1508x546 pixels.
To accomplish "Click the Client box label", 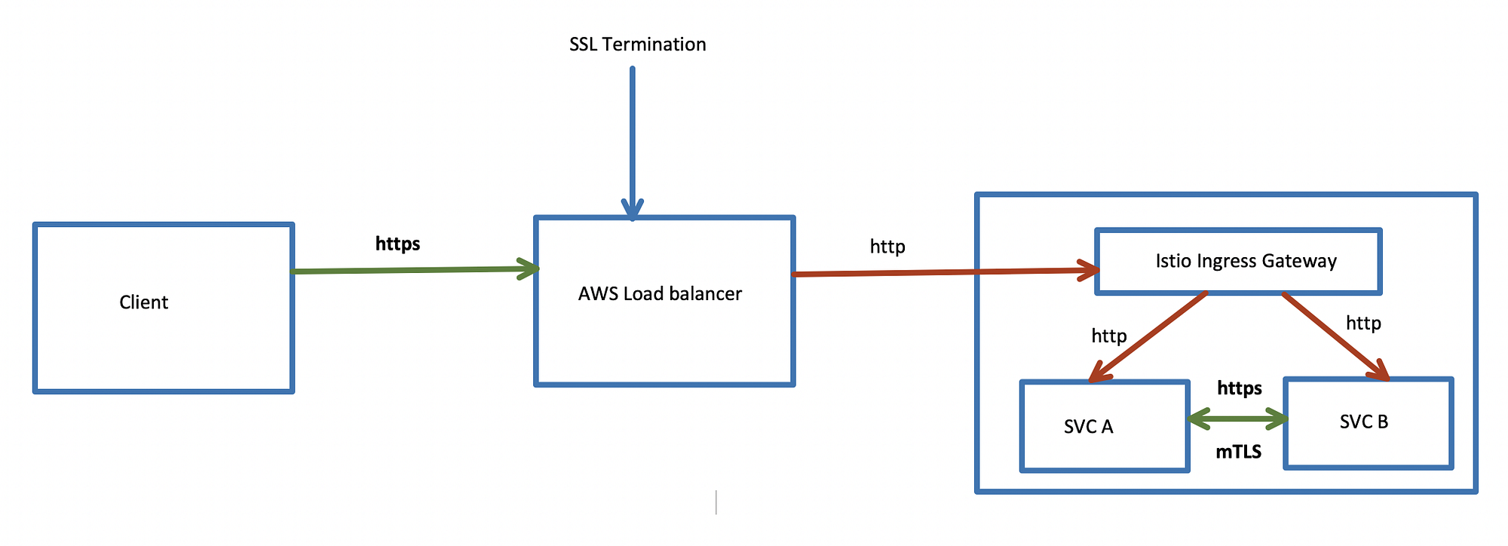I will (x=143, y=302).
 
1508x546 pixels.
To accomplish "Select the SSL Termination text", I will (x=637, y=44).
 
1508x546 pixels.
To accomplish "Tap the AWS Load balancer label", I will (x=660, y=293).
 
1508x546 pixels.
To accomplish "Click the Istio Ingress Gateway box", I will (x=1238, y=261).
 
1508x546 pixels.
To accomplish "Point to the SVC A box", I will (x=1104, y=427).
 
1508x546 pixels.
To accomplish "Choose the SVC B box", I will (x=1368, y=423).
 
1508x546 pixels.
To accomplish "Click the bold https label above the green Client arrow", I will (x=397, y=244).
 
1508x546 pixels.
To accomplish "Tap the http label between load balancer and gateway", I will (x=887, y=247).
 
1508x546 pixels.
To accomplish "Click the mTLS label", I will (x=1238, y=452).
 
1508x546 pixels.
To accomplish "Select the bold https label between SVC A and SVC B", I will (x=1240, y=388).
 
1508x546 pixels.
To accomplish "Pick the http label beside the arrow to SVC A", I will (x=1108, y=336).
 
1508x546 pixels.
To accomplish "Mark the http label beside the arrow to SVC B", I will (x=1363, y=323).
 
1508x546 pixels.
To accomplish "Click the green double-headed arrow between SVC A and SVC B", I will (x=1237, y=419).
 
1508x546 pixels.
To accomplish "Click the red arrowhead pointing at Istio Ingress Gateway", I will (x=1088, y=270).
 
